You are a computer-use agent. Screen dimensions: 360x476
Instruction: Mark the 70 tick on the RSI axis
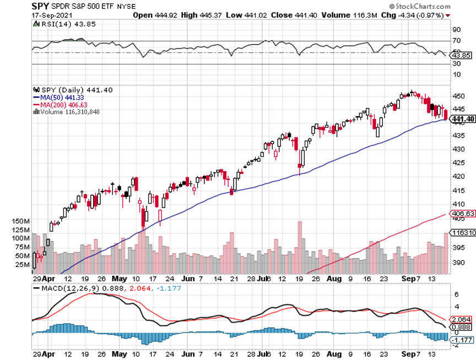click(x=456, y=41)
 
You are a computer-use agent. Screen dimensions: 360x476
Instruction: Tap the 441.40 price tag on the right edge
click(x=462, y=119)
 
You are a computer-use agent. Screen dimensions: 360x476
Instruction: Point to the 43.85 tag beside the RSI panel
click(x=462, y=55)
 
